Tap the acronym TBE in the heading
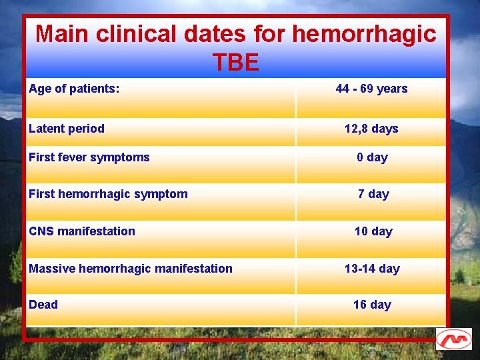coord(236,63)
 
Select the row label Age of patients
coord(74,88)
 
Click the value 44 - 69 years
coord(371,89)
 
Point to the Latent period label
coord(67,129)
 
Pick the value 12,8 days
coord(371,129)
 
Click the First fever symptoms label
coord(89,157)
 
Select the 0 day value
coord(372,157)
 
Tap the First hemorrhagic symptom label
coord(108,194)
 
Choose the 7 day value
coord(373,194)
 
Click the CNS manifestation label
coord(82,231)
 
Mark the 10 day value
coord(373,231)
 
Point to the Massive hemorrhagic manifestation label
coord(131,269)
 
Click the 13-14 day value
coord(372,269)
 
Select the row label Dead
coord(43,305)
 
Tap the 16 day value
coord(372,305)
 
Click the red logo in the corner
coord(453,339)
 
